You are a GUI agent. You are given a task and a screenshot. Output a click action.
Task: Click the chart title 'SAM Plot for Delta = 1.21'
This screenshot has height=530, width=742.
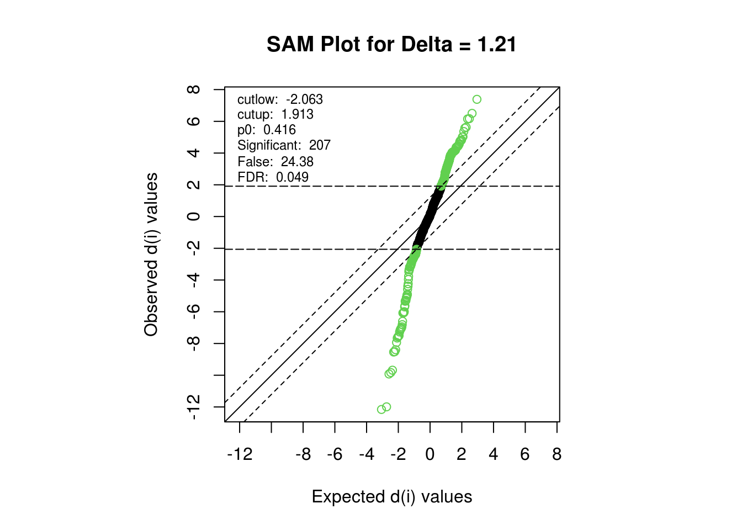click(391, 44)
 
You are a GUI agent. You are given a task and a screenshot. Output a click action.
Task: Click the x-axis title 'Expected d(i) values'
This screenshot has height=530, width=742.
click(391, 497)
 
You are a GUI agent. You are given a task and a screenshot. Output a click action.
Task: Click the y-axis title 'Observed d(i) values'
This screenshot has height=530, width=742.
click(151, 255)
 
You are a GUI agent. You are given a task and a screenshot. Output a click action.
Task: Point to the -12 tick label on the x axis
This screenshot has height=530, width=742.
click(240, 454)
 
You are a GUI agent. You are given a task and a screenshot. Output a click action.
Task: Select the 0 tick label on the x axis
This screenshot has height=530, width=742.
click(430, 454)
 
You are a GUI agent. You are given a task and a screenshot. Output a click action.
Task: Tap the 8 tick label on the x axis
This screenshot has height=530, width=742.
click(556, 454)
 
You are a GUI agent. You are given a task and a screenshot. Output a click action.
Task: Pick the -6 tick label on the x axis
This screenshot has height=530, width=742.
click(335, 454)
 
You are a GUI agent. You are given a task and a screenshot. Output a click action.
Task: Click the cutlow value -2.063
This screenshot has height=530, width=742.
click(304, 99)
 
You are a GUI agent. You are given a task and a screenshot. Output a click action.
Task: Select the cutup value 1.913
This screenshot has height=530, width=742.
click(297, 114)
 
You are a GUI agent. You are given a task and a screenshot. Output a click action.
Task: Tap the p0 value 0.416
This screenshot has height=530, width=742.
click(279, 130)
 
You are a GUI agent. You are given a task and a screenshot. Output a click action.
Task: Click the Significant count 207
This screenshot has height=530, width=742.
click(320, 145)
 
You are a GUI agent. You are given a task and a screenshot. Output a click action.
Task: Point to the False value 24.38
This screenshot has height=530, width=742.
click(297, 162)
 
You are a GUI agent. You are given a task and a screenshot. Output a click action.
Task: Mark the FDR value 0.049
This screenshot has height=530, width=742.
click(292, 177)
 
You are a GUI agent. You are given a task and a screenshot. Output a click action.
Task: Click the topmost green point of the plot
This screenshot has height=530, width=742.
click(477, 99)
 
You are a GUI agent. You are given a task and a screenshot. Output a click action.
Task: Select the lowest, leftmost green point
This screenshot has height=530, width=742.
click(381, 410)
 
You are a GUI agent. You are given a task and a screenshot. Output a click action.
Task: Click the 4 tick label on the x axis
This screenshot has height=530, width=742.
click(493, 454)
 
